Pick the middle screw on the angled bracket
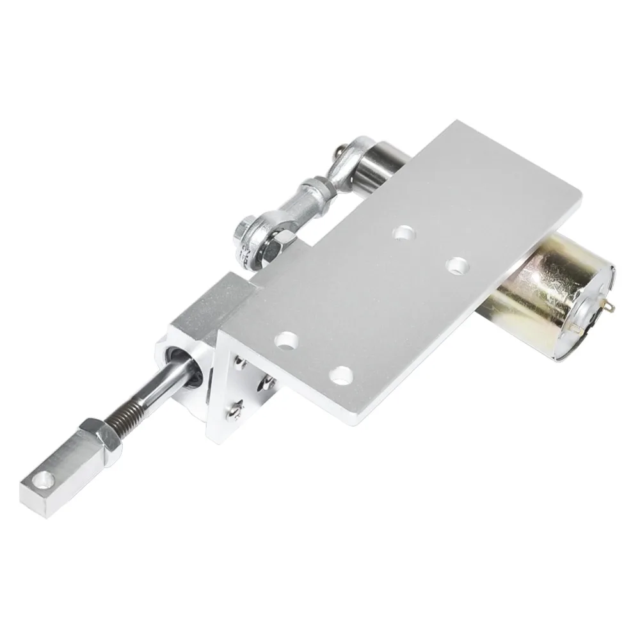coord(264,383)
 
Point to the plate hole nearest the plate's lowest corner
coord(343,374)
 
